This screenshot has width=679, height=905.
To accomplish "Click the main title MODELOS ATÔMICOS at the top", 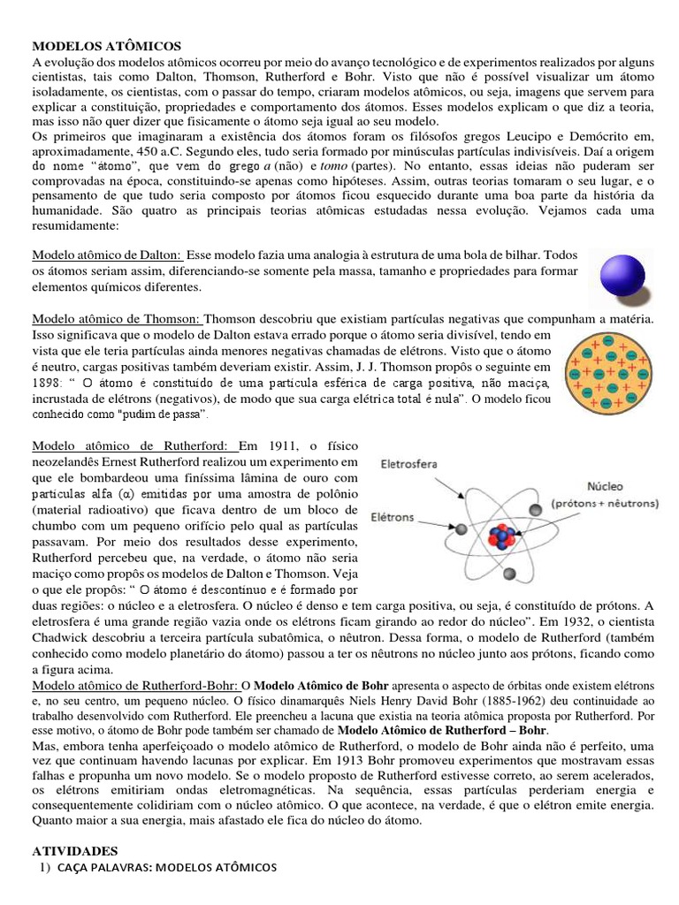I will click(x=106, y=44).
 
